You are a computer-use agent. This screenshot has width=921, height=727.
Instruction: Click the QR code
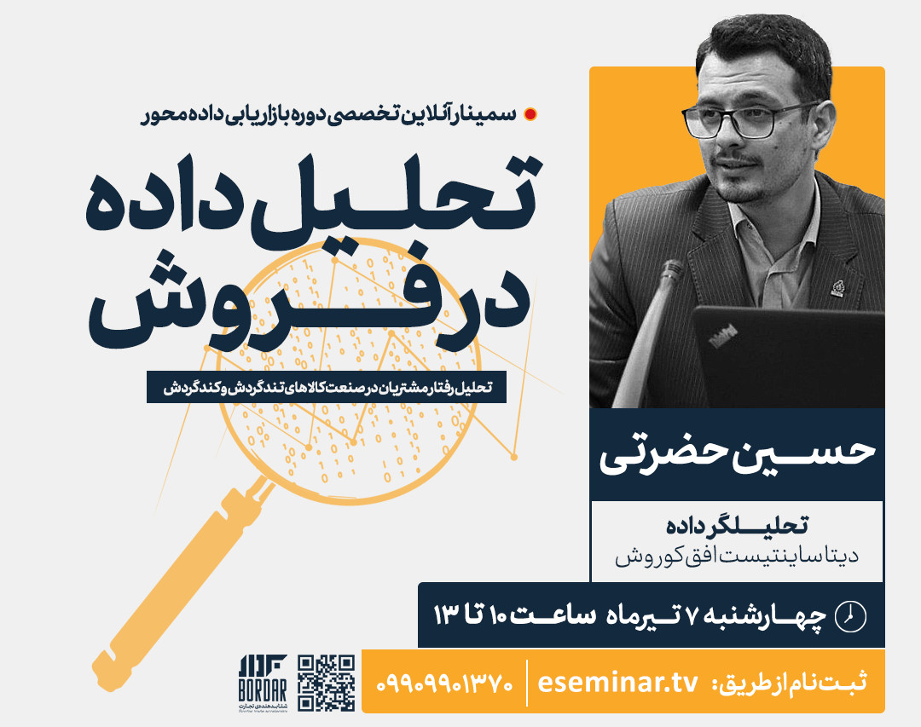326,683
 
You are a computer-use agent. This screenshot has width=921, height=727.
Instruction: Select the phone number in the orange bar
443,683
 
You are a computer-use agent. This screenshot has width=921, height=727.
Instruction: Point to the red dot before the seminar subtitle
530,113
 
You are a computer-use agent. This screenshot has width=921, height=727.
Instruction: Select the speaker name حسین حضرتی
737,453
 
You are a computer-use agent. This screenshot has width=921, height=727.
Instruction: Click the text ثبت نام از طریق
793,683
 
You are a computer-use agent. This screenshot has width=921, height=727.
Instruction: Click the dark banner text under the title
326,387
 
